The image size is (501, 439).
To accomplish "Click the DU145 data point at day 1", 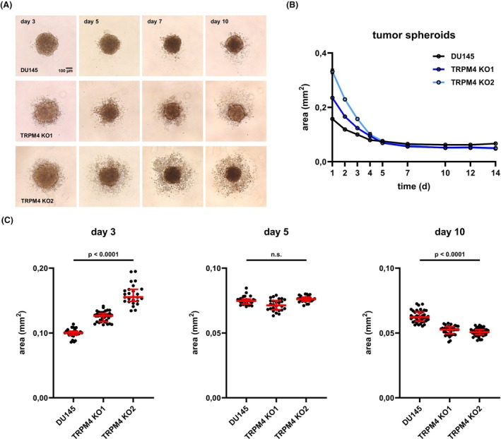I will [x=332, y=119].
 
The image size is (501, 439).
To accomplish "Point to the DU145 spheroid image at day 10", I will [x=236, y=44].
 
